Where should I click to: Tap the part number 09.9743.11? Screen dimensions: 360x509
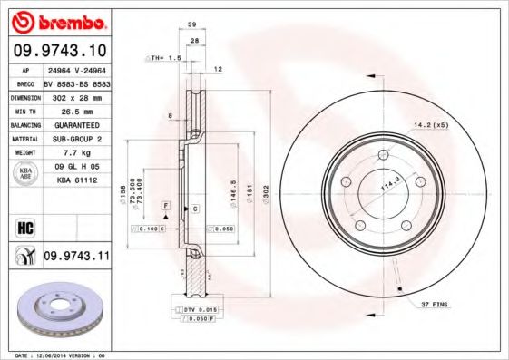click(x=76, y=258)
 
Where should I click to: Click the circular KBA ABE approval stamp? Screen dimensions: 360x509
click(x=24, y=174)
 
